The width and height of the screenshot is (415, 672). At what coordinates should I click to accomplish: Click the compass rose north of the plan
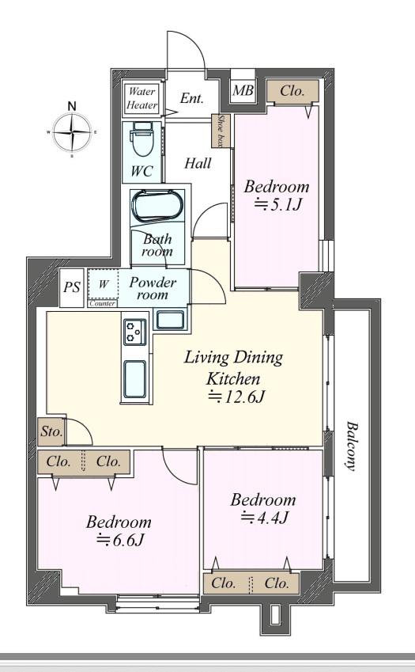72,132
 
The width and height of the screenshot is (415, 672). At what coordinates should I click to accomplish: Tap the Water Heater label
141,98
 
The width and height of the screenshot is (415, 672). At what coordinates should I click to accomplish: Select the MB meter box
243,90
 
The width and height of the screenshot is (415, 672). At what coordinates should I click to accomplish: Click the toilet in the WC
142,140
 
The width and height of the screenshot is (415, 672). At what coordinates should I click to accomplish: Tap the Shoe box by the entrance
221,131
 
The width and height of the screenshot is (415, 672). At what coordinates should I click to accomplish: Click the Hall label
198,163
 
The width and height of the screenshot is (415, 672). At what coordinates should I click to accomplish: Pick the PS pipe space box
71,287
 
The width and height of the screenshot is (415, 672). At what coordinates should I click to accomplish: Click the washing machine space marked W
103,284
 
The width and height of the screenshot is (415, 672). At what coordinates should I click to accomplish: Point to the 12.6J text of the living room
236,397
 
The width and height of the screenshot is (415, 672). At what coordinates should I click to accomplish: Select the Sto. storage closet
51,431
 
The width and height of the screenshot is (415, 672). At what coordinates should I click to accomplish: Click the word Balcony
353,446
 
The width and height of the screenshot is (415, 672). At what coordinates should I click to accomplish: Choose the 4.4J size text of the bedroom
265,518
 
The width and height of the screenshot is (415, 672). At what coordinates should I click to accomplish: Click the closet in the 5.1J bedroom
292,91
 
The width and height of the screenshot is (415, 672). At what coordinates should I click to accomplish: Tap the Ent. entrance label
191,98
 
